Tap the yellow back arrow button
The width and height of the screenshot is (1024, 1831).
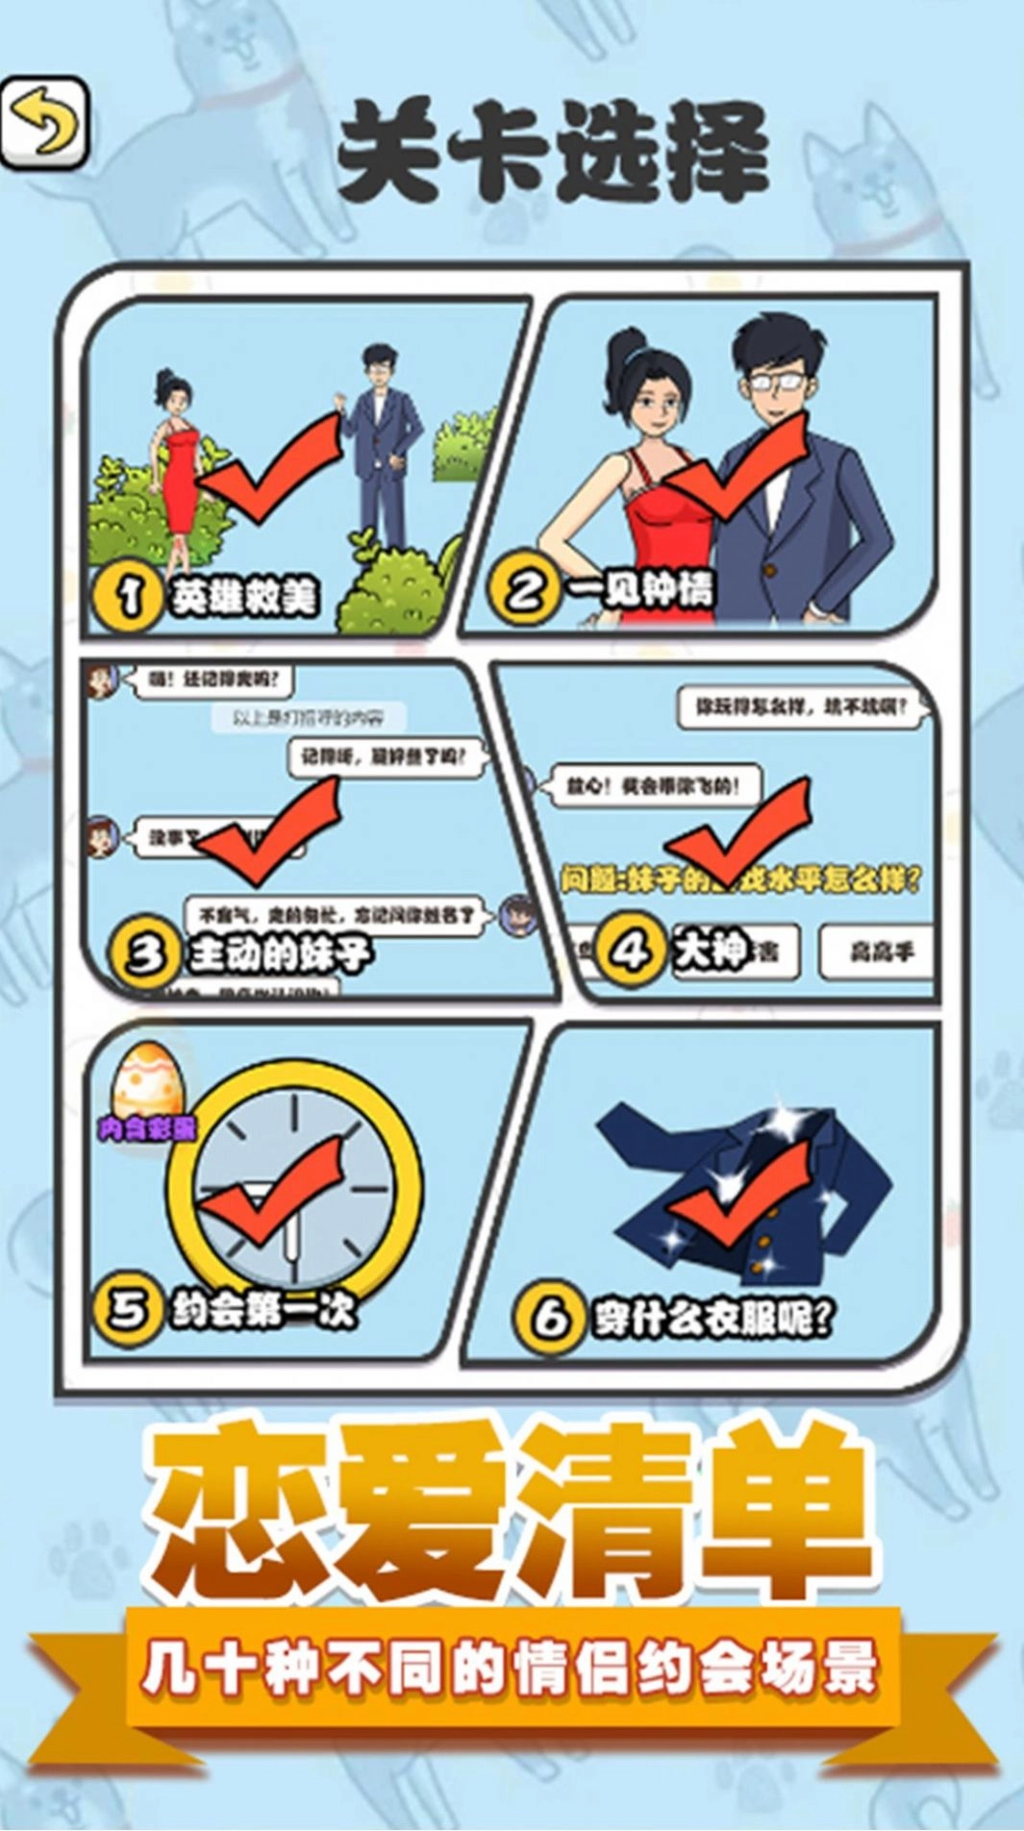pyautogui.click(x=45, y=125)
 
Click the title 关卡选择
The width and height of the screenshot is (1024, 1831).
pyautogui.click(x=553, y=154)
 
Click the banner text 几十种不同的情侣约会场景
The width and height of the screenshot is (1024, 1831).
pyautogui.click(x=510, y=1670)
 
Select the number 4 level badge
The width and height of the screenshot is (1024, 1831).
pyautogui.click(x=630, y=952)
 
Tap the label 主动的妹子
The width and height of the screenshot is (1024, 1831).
pyautogui.click(x=280, y=954)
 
